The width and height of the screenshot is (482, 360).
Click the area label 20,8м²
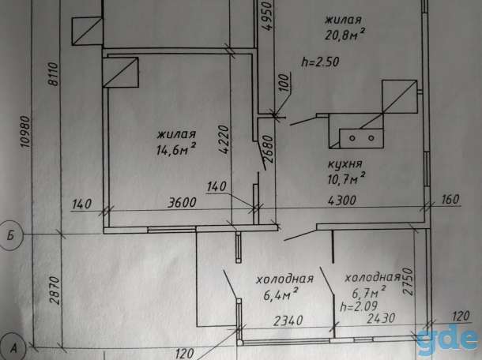tap(345, 34)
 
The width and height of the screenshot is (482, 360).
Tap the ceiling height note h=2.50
tap(321, 62)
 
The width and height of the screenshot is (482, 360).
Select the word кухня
tap(345, 164)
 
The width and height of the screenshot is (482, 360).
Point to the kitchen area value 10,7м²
tap(346, 178)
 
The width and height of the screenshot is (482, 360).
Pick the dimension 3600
tap(182, 202)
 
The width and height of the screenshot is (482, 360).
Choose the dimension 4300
tap(342, 201)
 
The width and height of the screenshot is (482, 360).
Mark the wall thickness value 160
tap(450, 199)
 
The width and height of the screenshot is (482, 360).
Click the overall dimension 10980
tap(25, 132)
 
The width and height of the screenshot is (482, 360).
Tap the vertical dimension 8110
tap(53, 74)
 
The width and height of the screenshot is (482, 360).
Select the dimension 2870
tap(55, 290)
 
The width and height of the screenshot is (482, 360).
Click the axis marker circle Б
tap(10, 236)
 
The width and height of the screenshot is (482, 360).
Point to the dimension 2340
tap(288, 321)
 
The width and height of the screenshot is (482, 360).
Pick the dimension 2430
tap(381, 318)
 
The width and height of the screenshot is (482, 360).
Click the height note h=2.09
tap(359, 306)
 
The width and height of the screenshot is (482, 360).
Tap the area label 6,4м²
tap(280, 295)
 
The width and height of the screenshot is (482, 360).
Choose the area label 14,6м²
tap(176, 149)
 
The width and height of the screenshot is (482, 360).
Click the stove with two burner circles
tap(362, 138)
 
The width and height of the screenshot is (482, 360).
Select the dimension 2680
tap(268, 148)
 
